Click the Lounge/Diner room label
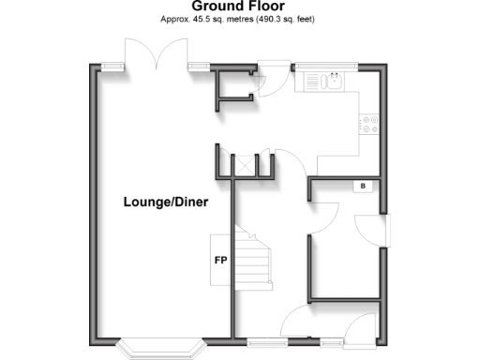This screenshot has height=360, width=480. click(165, 202)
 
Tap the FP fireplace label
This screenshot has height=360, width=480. click(221, 259)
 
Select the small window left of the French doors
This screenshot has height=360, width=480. click(114, 66)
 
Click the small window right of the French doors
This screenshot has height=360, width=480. click(198, 66)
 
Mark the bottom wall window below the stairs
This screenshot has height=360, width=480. click(265, 341)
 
